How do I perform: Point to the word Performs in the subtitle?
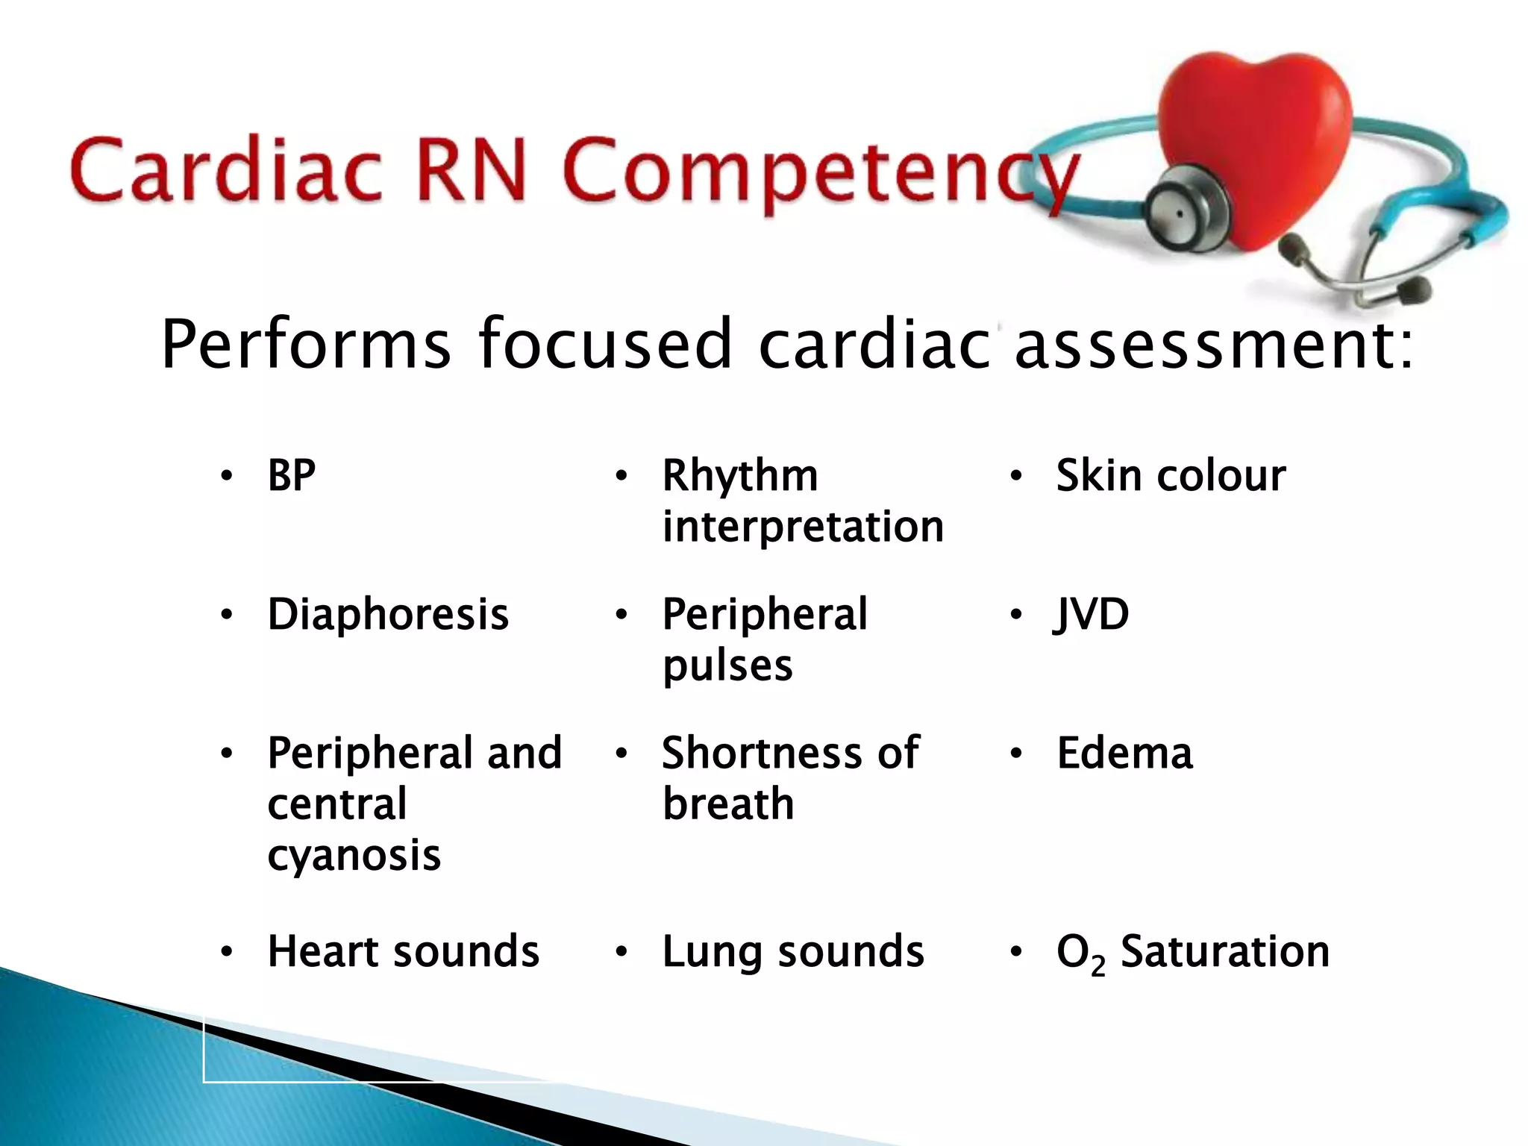[306, 345]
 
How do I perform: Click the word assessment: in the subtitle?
[1212, 345]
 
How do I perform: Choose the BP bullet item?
[292, 475]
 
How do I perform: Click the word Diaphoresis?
[388, 614]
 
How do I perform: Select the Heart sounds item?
[403, 951]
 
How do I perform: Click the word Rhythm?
[740, 475]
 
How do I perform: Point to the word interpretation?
[803, 527]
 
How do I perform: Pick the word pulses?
[727, 666]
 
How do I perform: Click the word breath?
[728, 804]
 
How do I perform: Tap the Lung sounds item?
[792, 951]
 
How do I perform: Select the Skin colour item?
[1171, 475]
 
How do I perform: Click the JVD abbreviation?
[1092, 614]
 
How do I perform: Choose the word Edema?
[1124, 753]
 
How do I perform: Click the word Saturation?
[1224, 951]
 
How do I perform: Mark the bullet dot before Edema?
[1015, 754]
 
